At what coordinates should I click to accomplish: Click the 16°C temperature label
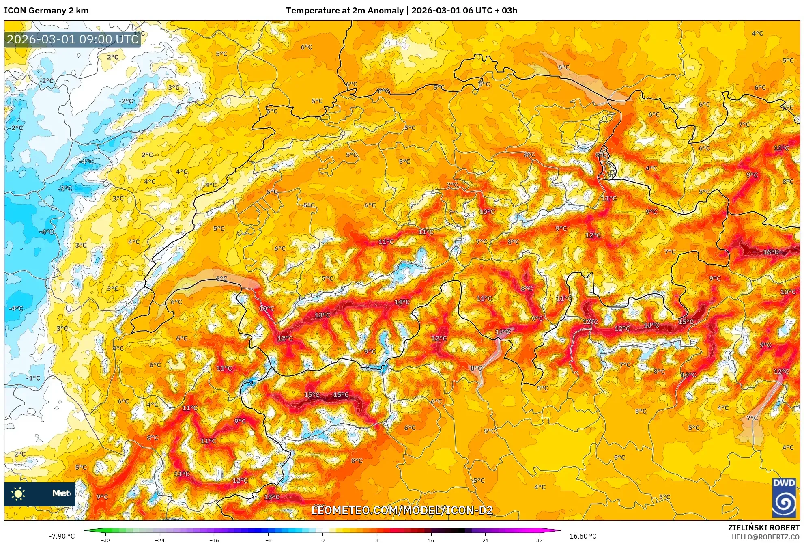tap(771, 252)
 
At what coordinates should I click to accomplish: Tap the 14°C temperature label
tap(402, 302)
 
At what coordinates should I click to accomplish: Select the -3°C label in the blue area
tap(65, 188)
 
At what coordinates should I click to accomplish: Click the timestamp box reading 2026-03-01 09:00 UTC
tap(73, 39)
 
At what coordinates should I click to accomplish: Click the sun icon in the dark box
tap(18, 493)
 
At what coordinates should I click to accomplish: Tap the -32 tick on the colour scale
tap(105, 540)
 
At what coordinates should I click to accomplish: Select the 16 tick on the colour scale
tap(431, 540)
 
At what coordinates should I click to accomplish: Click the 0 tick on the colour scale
tap(322, 540)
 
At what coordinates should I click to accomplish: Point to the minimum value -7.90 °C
tap(62, 536)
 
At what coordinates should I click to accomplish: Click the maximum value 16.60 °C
tap(583, 536)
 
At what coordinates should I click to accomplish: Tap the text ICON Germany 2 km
tap(46, 11)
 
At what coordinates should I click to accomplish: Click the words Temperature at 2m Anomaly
tap(345, 11)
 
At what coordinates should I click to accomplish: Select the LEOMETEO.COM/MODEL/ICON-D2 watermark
tap(402, 510)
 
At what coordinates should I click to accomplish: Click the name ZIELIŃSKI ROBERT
tap(763, 528)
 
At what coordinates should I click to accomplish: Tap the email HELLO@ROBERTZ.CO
tap(765, 537)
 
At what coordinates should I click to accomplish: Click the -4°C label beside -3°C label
tap(86, 162)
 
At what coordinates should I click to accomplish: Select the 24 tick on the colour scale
tap(485, 540)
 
